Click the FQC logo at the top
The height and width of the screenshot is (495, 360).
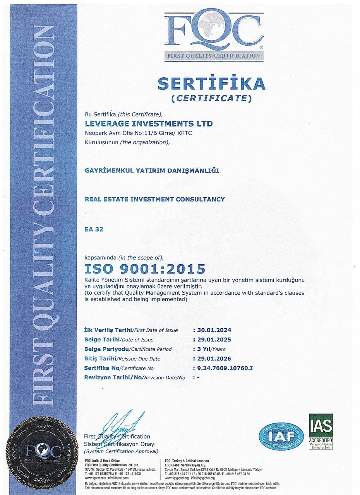[x=214, y=35]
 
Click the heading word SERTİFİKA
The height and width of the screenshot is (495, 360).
[x=211, y=84]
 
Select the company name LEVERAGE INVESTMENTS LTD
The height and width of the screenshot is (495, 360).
[x=149, y=124]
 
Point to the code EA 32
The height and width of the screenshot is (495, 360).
[x=94, y=229]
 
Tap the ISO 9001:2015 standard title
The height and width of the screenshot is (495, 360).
[x=145, y=269]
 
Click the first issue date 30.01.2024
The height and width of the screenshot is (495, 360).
[x=214, y=330]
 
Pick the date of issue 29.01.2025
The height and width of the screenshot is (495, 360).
[x=214, y=340]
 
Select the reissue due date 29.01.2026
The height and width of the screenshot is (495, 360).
[x=214, y=358]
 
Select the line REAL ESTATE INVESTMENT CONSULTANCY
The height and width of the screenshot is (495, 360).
[x=154, y=199]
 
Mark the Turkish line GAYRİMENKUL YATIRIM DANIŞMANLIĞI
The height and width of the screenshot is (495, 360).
[x=152, y=171]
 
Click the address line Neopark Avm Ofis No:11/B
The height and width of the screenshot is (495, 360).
[x=138, y=133]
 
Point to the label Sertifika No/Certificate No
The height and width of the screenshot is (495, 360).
[x=119, y=368]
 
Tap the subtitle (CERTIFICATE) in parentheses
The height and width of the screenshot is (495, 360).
[x=211, y=98]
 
